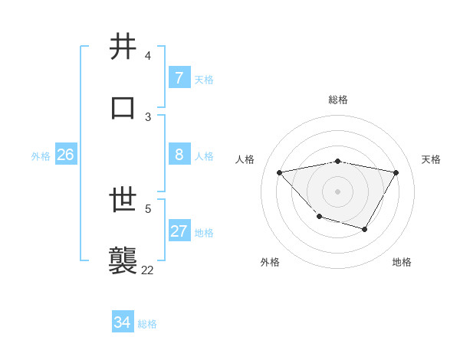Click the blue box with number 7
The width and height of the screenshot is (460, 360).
(x=179, y=77)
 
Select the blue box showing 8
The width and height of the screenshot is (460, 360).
(x=179, y=154)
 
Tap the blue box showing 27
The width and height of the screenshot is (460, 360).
(x=179, y=231)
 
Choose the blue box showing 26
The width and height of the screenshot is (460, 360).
(x=65, y=154)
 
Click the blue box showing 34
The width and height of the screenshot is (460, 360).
(x=122, y=322)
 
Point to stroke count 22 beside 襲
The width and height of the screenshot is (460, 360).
(x=147, y=270)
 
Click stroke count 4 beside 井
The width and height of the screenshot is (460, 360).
(x=147, y=56)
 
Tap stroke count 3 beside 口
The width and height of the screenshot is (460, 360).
(x=148, y=116)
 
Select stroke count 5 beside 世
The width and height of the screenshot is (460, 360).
(x=148, y=208)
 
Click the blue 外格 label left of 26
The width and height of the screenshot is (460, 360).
(x=41, y=156)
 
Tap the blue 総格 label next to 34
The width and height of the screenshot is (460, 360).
(x=147, y=324)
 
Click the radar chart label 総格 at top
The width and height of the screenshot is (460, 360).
(x=338, y=100)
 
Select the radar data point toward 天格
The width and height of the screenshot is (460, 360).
(x=396, y=172)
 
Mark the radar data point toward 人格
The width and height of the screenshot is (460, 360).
(x=280, y=172)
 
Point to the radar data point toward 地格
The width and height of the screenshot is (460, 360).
(x=365, y=229)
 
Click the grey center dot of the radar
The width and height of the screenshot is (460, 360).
(x=337, y=191)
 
